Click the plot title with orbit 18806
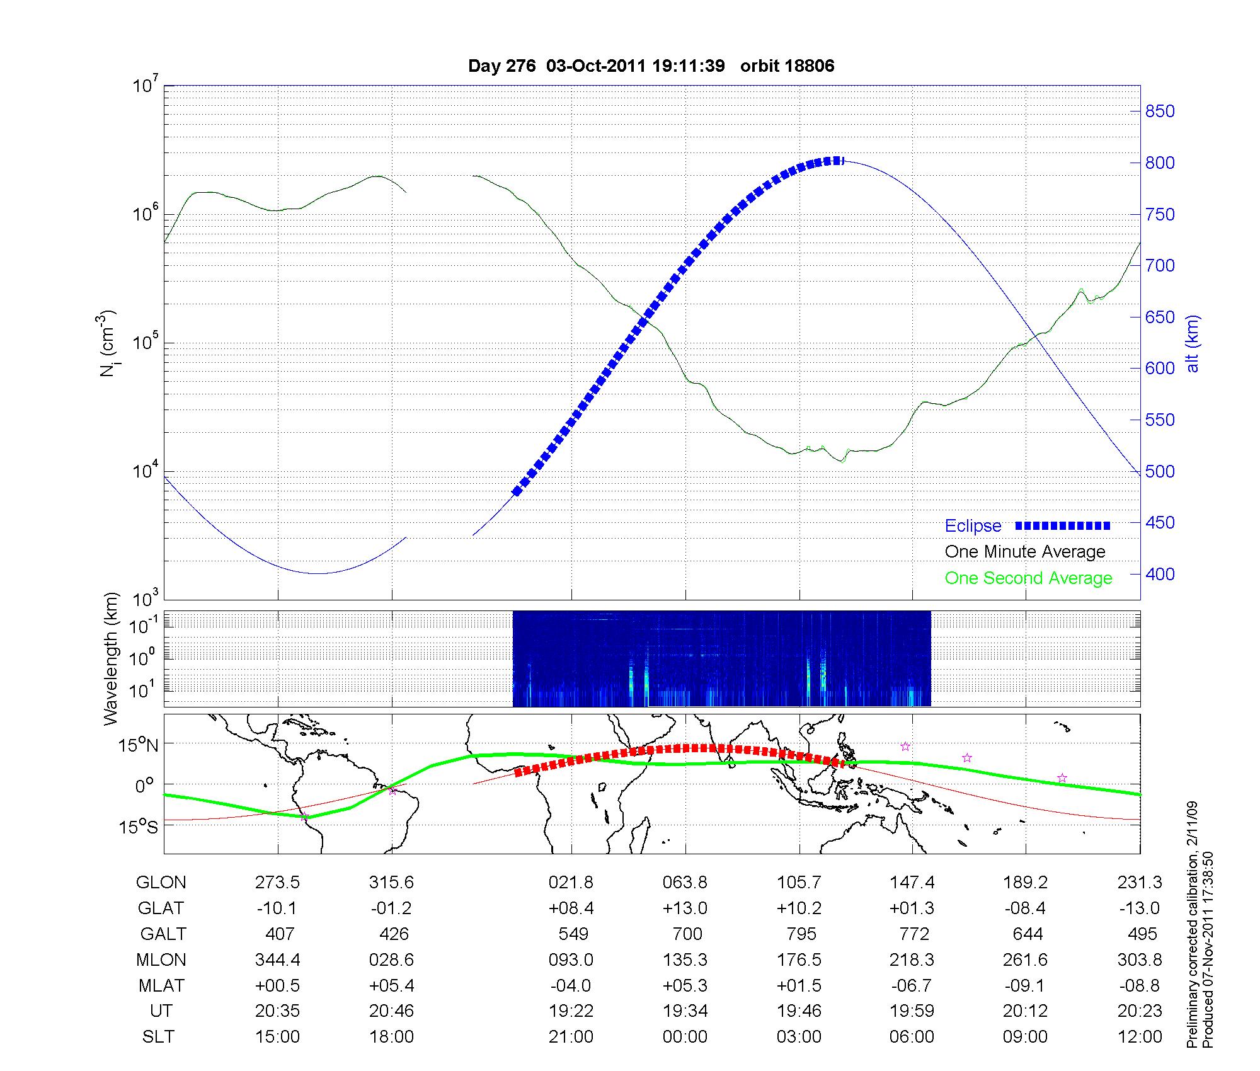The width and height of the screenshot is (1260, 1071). pos(651,66)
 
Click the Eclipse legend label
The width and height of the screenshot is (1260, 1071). pos(973,526)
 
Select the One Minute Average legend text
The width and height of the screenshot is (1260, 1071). pos(1025,552)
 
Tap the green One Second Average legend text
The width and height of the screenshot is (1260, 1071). pos(1028,578)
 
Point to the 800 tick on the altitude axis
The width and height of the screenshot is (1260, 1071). pos(1159,163)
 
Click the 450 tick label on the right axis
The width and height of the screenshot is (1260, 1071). pos(1159,523)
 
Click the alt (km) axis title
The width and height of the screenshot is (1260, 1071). pos(1193,343)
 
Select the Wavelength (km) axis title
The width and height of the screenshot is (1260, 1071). pos(111,659)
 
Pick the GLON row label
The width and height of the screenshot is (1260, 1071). pos(161,883)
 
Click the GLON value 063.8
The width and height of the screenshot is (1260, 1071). pos(685,883)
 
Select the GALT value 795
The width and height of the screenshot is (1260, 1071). pos(801,934)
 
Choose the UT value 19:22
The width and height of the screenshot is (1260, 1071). pos(571,1011)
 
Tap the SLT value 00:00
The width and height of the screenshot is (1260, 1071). pos(685,1037)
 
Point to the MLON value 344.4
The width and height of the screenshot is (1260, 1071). pos(277,959)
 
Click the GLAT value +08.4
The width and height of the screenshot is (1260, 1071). pos(571,908)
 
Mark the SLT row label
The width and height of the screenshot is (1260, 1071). pos(158,1037)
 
